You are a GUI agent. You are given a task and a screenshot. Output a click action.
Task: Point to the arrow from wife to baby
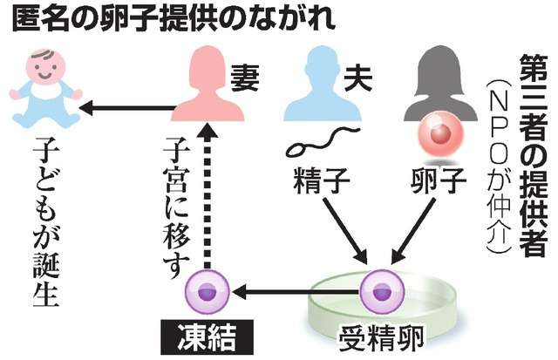[122, 108]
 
